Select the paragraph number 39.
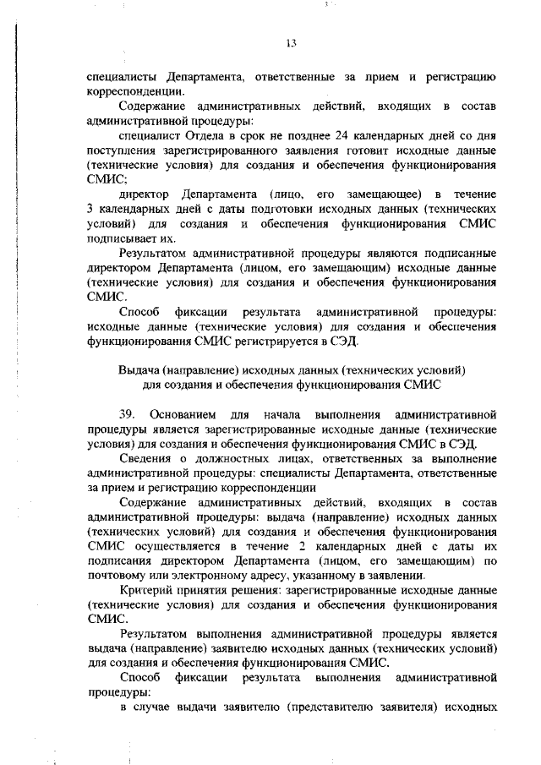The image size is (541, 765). pos(128,415)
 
